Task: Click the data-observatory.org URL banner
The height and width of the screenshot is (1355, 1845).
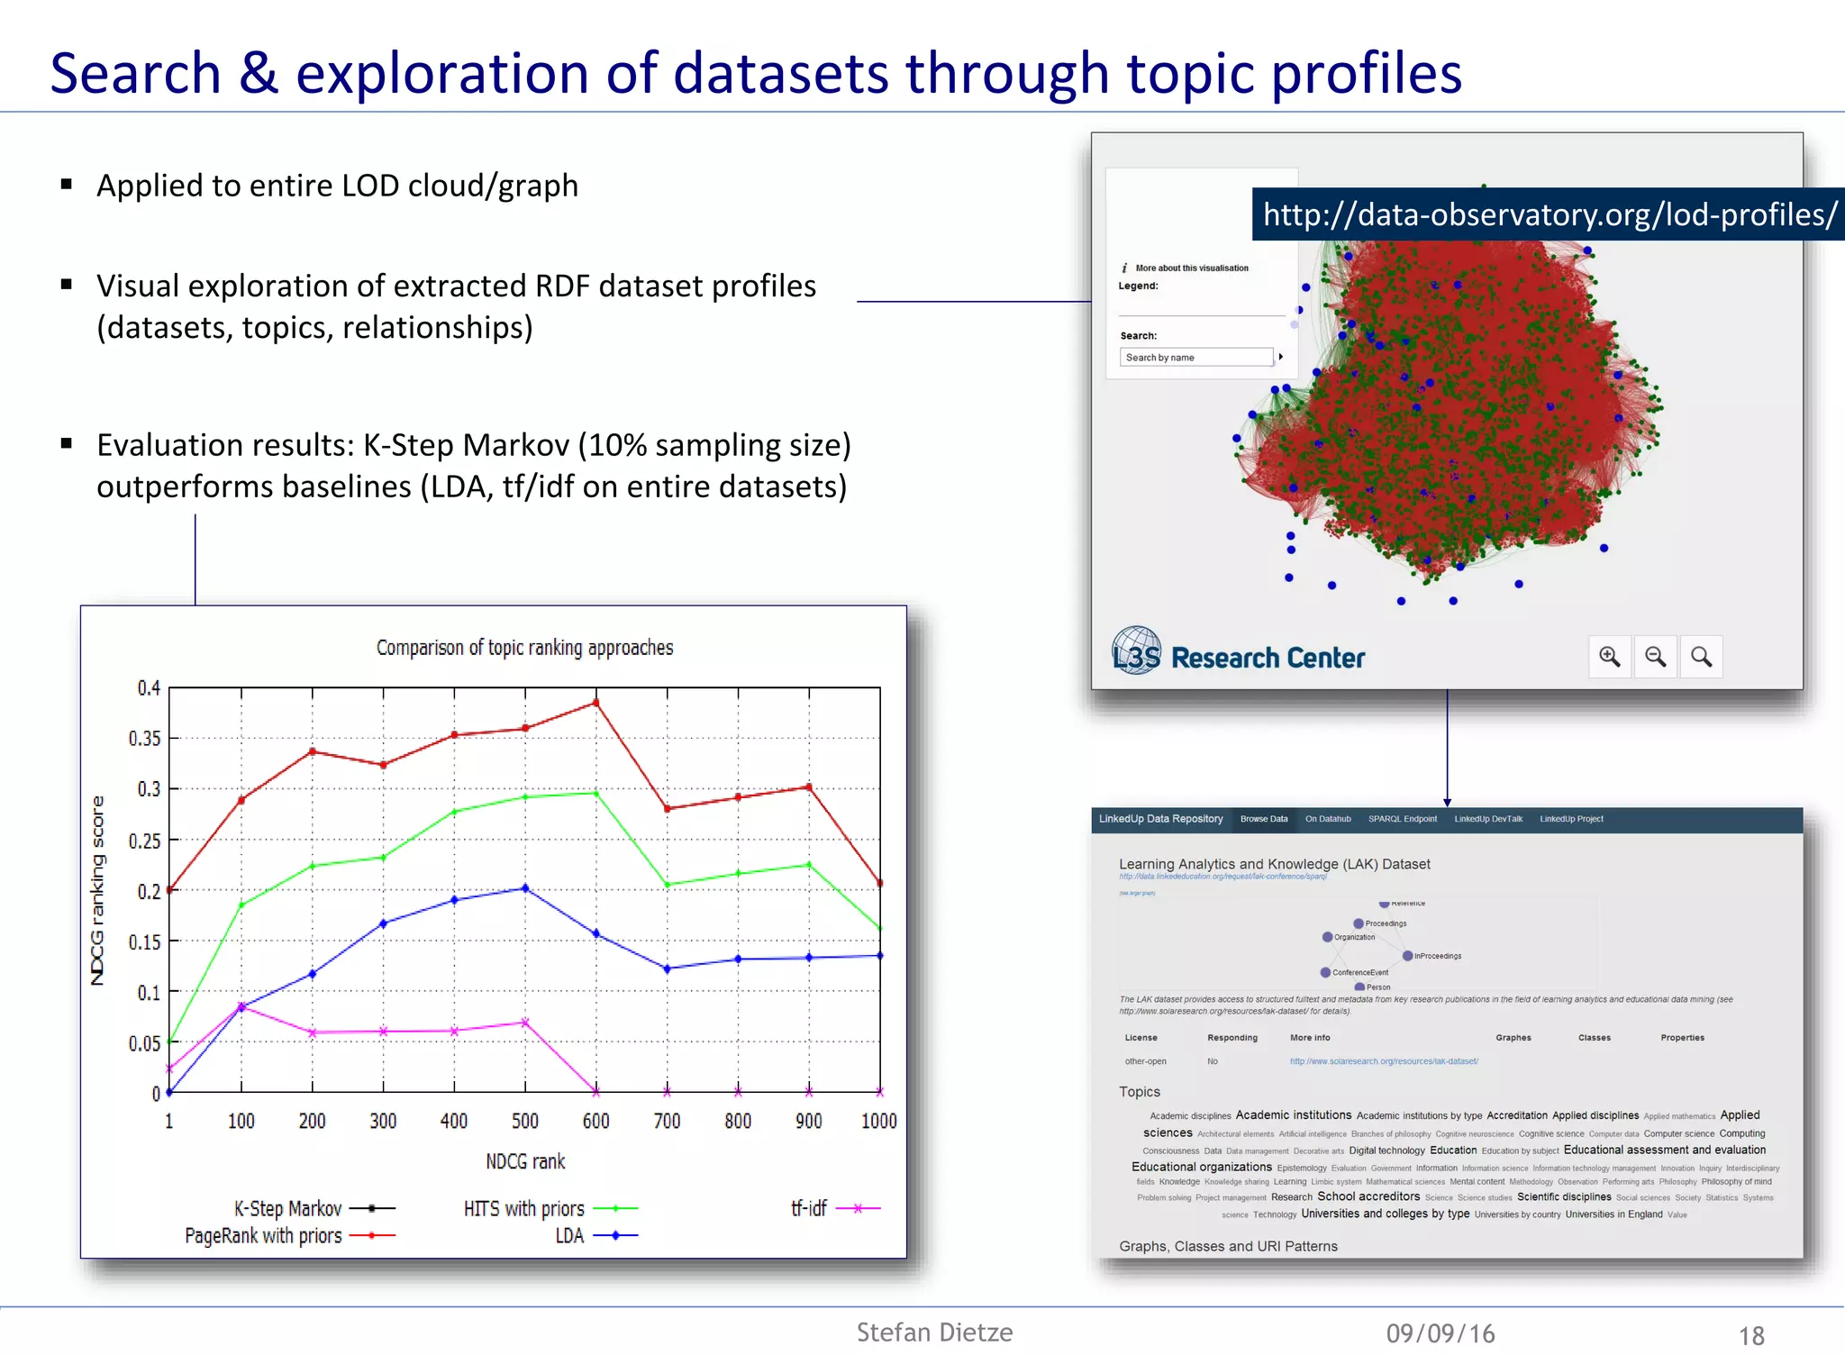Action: tap(1548, 214)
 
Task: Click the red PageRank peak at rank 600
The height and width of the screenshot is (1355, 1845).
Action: tap(595, 702)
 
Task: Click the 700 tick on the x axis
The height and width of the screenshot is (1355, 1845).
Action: tap(667, 1121)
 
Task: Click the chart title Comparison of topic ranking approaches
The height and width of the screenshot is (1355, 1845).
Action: tap(524, 648)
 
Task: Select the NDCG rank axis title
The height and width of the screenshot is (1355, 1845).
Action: tap(525, 1161)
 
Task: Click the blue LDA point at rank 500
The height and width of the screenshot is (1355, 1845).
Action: tap(525, 888)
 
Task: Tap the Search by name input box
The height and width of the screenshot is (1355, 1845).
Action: tap(1196, 358)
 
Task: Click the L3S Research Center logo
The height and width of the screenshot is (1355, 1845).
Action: tap(1238, 654)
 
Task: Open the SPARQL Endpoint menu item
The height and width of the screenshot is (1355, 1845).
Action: tap(1402, 819)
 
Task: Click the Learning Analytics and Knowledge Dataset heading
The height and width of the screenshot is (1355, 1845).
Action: tap(1274, 864)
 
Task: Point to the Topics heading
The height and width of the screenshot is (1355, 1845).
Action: tap(1139, 1091)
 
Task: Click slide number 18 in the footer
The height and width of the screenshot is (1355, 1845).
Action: tap(1750, 1335)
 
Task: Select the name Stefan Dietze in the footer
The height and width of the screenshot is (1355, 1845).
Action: tap(934, 1332)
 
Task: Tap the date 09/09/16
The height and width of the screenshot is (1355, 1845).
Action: tap(1440, 1333)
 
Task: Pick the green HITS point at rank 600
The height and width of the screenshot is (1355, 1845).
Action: tap(595, 793)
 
